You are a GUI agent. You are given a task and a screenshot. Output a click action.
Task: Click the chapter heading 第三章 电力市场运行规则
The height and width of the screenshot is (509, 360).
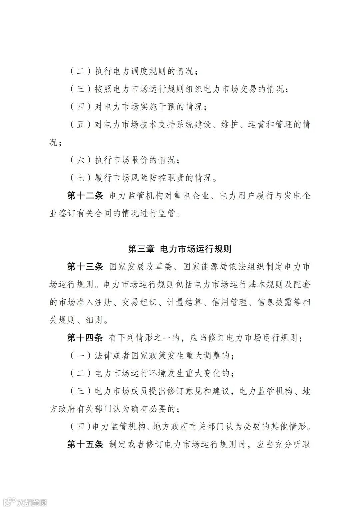point(180,249)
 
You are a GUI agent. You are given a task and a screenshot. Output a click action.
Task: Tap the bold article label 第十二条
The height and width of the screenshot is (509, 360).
point(85,196)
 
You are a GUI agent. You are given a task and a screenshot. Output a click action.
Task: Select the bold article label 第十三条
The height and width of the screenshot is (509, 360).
point(85,267)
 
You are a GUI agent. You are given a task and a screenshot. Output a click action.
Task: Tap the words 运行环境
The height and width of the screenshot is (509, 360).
point(157,373)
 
